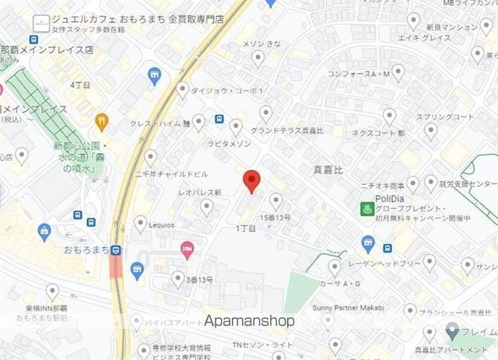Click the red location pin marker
[250, 180]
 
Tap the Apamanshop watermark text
[249, 320]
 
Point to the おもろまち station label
[86, 250]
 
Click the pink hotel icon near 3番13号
[187, 250]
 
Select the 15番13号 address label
[275, 217]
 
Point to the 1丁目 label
[246, 228]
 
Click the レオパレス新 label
[200, 192]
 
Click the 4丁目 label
[80, 84]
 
